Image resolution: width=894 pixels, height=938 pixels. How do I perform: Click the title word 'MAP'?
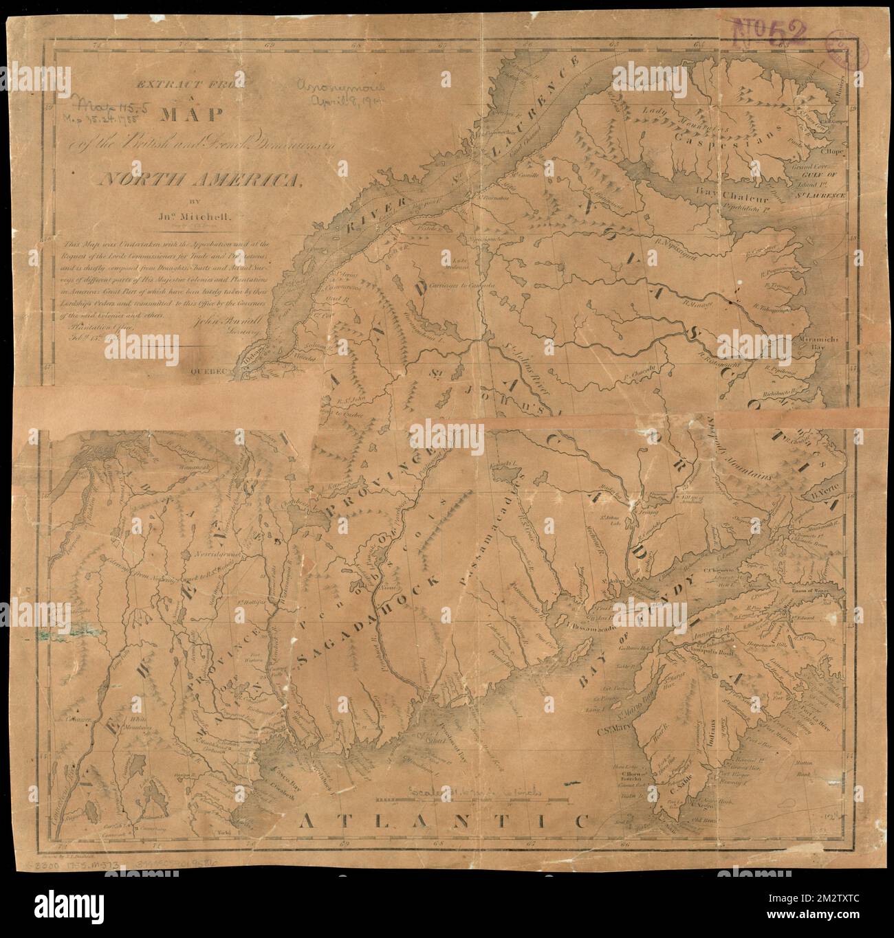pyautogui.click(x=180, y=114)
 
